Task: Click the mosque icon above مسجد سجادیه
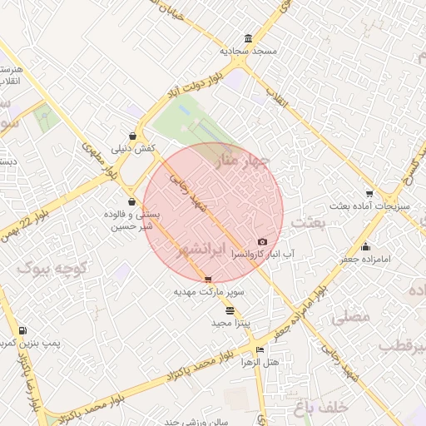[249, 38]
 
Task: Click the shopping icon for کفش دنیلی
[132, 136]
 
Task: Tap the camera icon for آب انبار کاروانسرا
[263, 241]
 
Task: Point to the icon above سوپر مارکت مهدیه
[208, 280]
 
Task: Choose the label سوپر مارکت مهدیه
[209, 292]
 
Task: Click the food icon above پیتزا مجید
[230, 310]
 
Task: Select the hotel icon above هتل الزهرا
[260, 350]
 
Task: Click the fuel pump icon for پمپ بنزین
[22, 330]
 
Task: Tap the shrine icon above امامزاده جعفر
[366, 246]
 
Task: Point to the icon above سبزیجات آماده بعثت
[369, 193]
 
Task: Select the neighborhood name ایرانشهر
[203, 250]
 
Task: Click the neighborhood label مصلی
[349, 317]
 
